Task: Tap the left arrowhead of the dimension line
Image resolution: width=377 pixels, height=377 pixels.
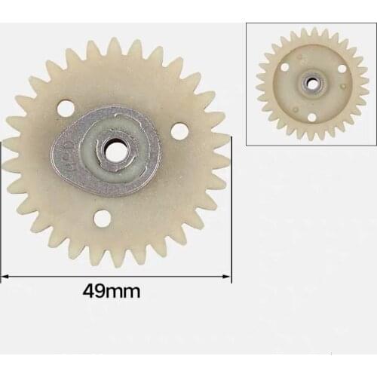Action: click(x=4, y=277)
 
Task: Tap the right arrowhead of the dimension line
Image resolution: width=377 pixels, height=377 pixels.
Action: click(x=228, y=277)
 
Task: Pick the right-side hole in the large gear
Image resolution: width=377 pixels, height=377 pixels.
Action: click(x=179, y=130)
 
